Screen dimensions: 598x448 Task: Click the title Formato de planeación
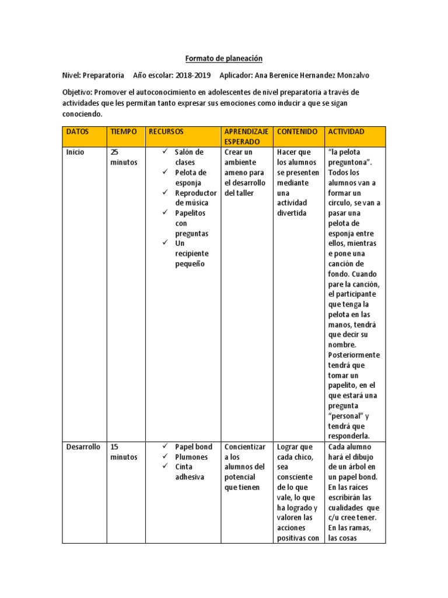click(x=224, y=58)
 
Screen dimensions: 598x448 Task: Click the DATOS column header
click(x=78, y=132)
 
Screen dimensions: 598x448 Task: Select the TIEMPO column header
click(x=123, y=132)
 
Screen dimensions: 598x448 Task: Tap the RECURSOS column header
click(x=166, y=132)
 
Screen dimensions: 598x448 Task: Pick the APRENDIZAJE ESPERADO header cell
click(x=247, y=137)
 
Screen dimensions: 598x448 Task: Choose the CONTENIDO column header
click(x=297, y=132)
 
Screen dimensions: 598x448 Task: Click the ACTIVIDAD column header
click(x=346, y=132)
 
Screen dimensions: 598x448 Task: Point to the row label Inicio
click(x=75, y=152)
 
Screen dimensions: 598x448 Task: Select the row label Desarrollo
click(x=83, y=447)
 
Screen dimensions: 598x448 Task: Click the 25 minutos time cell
click(x=123, y=157)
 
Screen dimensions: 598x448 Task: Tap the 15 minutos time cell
click(x=123, y=452)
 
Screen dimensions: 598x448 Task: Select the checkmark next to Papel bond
click(x=165, y=447)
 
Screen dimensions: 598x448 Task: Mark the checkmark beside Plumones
click(x=165, y=457)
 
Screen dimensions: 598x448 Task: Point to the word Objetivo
click(x=77, y=93)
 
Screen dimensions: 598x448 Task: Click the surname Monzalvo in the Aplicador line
click(x=348, y=75)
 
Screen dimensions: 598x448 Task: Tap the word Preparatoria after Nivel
click(x=103, y=75)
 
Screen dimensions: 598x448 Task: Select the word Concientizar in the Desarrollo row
click(x=245, y=447)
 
